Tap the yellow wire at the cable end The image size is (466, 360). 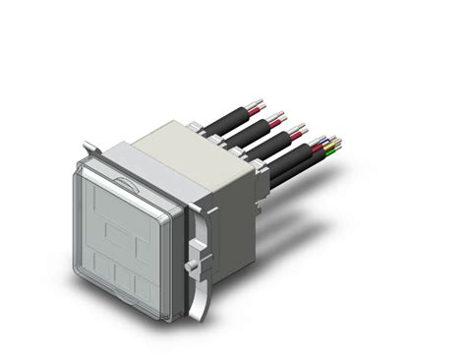[x=333, y=149]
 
